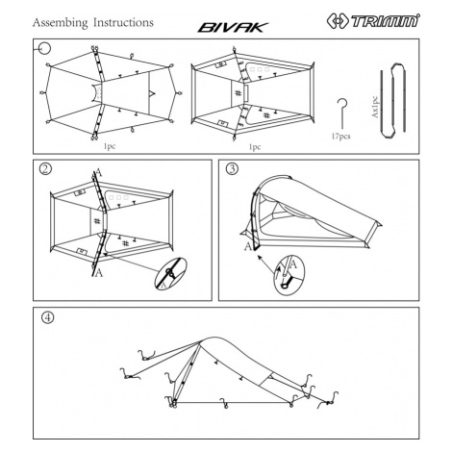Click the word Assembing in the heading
(x=60, y=23)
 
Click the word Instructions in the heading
(x=123, y=22)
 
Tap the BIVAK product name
(x=233, y=28)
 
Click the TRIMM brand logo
(x=373, y=21)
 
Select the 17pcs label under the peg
(x=340, y=137)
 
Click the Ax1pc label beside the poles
(x=375, y=107)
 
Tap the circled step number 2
(x=45, y=168)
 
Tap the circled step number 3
(x=233, y=168)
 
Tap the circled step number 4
(x=48, y=317)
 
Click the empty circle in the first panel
(x=45, y=49)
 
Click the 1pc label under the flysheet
(x=110, y=146)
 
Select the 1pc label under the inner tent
(x=255, y=147)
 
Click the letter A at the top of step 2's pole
(x=99, y=173)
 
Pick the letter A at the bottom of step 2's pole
(x=99, y=273)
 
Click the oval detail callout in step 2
(x=170, y=273)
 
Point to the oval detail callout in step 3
(x=289, y=275)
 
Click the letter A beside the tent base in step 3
(x=248, y=246)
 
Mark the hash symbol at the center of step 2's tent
(x=97, y=220)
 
